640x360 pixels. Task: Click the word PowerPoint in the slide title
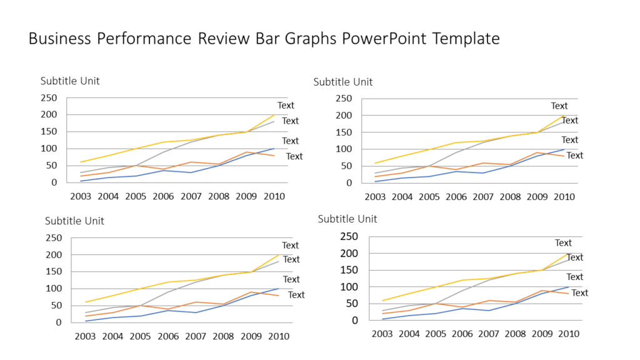(383, 39)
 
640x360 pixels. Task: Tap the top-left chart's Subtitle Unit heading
(70, 81)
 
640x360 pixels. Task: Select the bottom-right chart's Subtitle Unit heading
(347, 219)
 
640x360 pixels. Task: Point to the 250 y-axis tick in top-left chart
(49, 97)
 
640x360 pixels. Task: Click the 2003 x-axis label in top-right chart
(375, 197)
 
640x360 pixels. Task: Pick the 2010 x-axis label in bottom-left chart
(278, 336)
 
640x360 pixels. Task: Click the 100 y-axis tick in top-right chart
(344, 149)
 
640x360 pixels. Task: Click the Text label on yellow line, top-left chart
(286, 106)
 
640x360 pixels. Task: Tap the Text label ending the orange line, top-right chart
(575, 156)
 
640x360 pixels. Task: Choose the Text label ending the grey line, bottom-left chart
(291, 259)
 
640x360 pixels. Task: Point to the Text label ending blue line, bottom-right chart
(575, 277)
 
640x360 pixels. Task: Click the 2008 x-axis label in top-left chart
(218, 196)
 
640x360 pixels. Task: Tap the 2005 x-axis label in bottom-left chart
(141, 336)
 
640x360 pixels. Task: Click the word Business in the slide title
(59, 39)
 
